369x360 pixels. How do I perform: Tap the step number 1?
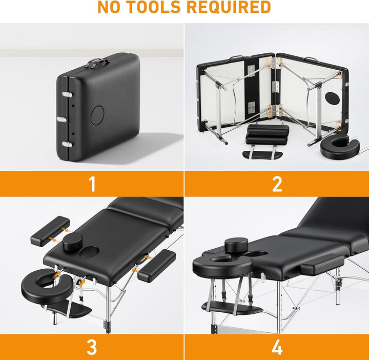(92, 184)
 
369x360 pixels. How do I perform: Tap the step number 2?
(277, 184)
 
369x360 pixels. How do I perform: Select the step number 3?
(92, 347)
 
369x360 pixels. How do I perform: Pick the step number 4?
(277, 347)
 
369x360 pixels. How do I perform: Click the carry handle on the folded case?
(98, 63)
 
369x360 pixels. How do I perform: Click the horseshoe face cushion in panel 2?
(335, 146)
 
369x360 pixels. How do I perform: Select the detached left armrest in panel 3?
(50, 230)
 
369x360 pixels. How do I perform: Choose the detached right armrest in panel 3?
(156, 265)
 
